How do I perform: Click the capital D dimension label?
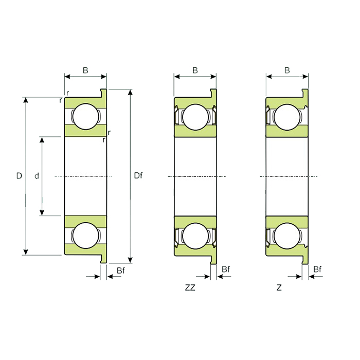pos(19,176)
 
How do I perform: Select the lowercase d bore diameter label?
pos(37,176)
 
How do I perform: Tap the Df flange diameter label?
pos(138,176)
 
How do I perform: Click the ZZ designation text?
pos(190,288)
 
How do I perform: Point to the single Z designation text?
pos(279,288)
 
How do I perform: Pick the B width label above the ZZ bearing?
pos(195,70)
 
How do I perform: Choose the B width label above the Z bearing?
pos(287,70)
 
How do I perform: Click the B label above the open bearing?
pos(85,70)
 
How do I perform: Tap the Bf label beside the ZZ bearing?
pos(225,269)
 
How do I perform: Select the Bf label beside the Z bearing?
pos(317,269)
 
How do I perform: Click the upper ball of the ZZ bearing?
pos(195,117)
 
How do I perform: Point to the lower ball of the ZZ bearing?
pos(195,236)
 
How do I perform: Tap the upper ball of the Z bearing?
pos(287,117)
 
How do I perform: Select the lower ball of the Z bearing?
pos(287,236)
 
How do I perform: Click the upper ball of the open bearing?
pos(85,117)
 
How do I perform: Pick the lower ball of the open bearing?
pos(85,236)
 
